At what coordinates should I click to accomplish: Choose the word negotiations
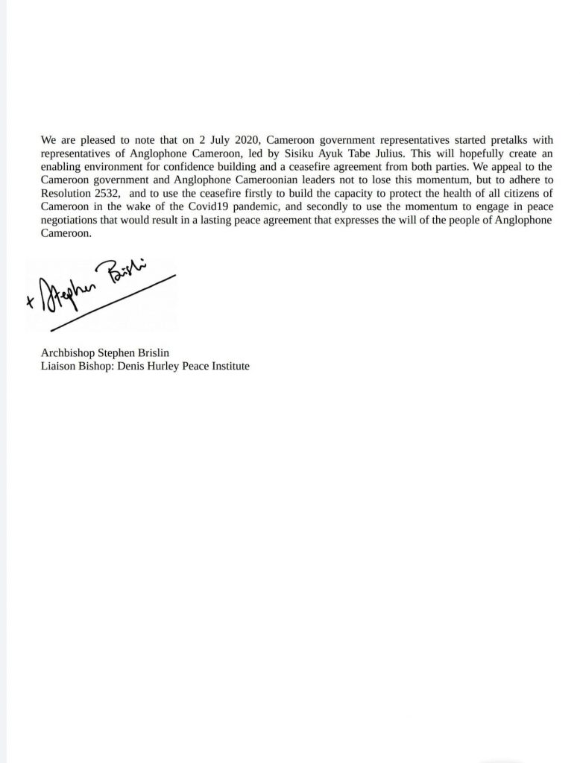pos(72,220)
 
